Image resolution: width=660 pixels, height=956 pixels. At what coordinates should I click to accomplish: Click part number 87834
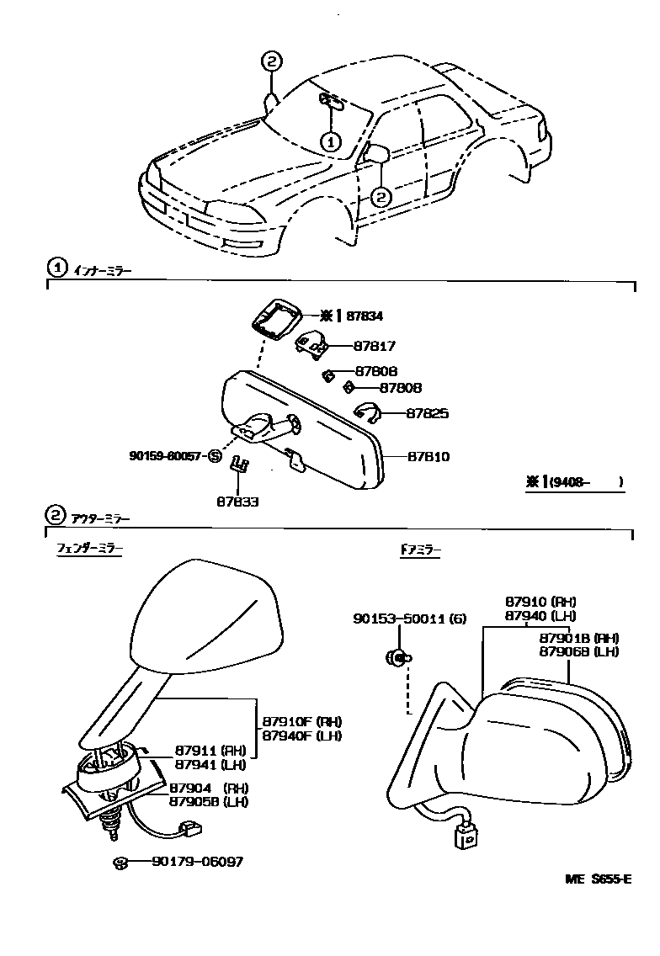tap(365, 316)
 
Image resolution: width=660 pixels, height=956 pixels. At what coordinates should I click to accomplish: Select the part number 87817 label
tap(374, 346)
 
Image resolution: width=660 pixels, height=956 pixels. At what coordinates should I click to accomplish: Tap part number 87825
tap(428, 413)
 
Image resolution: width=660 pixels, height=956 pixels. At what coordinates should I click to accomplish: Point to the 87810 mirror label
tap(428, 457)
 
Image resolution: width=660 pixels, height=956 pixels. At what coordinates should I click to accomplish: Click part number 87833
tap(237, 501)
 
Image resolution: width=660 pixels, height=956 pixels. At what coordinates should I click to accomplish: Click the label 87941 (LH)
tap(210, 764)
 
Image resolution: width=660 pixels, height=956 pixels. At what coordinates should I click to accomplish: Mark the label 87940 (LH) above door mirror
tap(540, 615)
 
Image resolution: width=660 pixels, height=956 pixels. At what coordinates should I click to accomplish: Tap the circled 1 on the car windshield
tap(331, 142)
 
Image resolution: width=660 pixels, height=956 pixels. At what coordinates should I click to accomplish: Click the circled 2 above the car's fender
tap(271, 61)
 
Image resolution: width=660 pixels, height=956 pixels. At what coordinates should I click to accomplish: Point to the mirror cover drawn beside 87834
tap(277, 317)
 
